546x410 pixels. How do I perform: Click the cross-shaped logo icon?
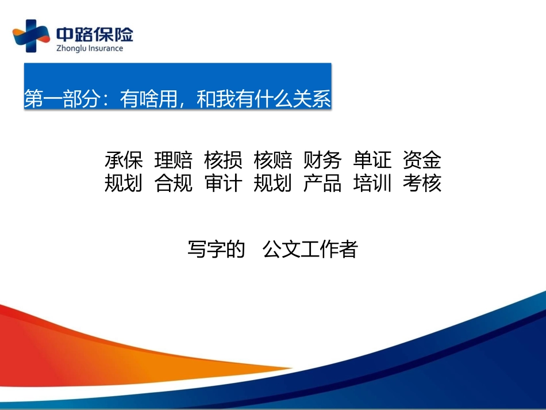coord(31,36)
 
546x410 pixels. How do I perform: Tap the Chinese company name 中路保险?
coord(95,35)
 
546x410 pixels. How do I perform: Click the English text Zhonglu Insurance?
coord(90,48)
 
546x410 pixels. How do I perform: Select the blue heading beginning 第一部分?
coord(178,98)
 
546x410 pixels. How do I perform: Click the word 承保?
coord(124,160)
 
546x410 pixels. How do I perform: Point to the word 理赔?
coord(174,160)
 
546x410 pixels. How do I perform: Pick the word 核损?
coord(223,160)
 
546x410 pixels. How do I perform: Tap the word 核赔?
coord(272,160)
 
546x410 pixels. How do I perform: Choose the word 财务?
coord(322,160)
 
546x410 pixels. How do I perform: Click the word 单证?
coord(372,160)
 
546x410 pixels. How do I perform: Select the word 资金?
coord(422,160)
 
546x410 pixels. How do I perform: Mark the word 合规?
coord(174,183)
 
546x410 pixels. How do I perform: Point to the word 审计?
coord(223,183)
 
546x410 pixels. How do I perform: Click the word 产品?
coord(322,183)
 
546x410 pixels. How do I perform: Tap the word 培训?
coord(372,183)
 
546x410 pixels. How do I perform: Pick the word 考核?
coord(422,183)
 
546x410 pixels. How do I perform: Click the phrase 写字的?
coord(216,249)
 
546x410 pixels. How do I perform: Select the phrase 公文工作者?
coord(310,249)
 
